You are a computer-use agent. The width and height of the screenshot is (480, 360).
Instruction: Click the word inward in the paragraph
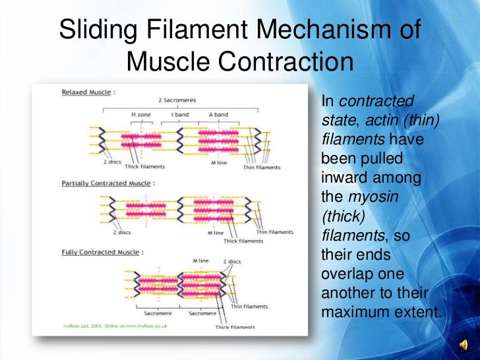pos(342,178)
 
